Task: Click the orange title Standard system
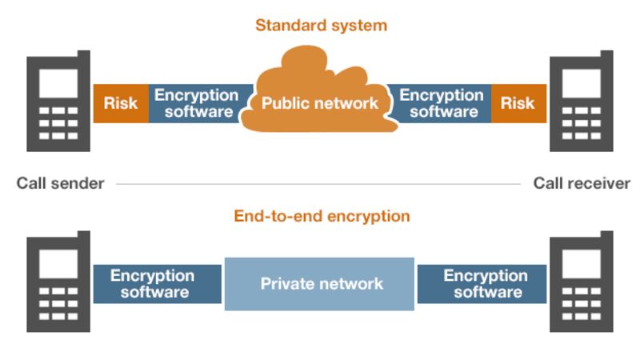coord(321,25)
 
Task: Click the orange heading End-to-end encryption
coord(322,216)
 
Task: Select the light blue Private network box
coord(320,284)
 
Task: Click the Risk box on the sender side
coord(121,103)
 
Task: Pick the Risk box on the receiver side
coord(518,103)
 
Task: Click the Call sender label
coord(61,183)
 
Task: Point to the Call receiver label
coord(582,183)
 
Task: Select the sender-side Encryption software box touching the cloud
coord(197,103)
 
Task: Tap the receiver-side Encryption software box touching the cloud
coord(442,103)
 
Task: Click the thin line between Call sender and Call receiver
coord(320,184)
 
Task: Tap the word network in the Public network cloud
coord(346,103)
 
